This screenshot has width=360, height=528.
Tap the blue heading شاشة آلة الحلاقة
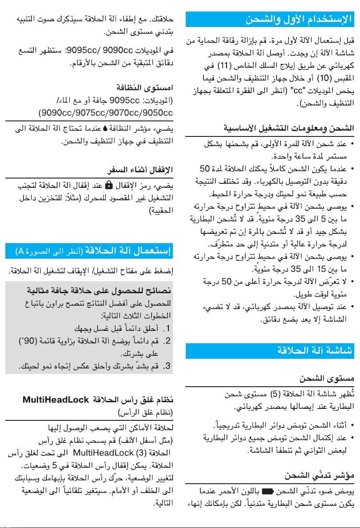point(316,350)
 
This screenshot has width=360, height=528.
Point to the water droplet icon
point(105,130)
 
